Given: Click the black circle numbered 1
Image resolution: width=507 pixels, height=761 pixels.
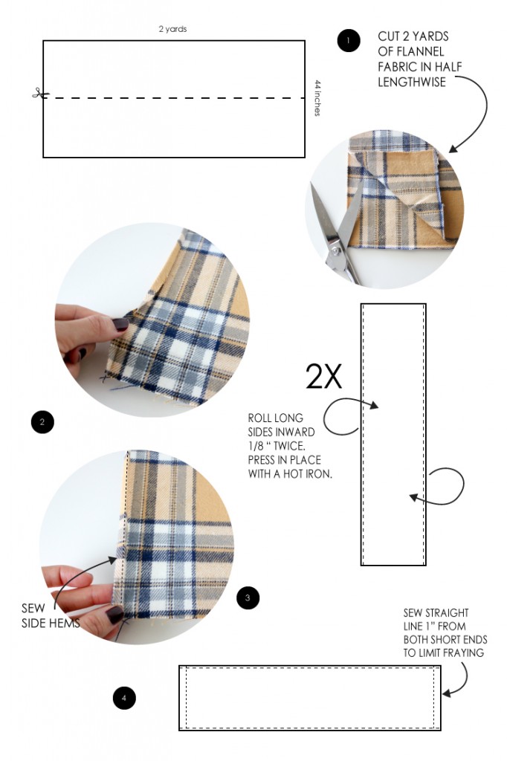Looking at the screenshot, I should pos(348,40).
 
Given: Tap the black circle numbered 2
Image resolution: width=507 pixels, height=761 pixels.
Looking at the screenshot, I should pos(42,422).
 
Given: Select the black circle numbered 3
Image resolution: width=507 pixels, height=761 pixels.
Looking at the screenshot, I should pos(248,597).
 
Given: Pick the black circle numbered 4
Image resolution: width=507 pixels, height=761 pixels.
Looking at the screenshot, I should pos(124,697).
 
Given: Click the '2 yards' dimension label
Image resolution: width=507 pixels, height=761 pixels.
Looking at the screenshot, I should pos(172,29).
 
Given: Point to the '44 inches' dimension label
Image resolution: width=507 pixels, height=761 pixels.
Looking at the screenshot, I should pos(317,98).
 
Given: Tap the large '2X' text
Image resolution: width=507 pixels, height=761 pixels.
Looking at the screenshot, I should pos(324,378).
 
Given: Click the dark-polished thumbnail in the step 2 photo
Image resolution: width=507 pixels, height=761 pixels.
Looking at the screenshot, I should pos(120,324).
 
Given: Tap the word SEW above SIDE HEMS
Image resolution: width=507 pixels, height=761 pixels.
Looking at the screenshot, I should pos(33,608).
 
